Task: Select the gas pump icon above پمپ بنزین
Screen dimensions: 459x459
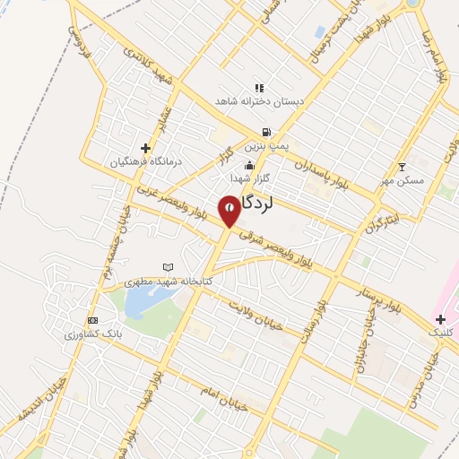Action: pyautogui.click(x=266, y=132)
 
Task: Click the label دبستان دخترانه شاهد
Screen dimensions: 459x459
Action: pyautogui.click(x=259, y=102)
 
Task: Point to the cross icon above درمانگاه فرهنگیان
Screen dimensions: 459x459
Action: pyautogui.click(x=146, y=148)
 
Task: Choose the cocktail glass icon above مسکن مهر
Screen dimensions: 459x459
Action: pyautogui.click(x=402, y=167)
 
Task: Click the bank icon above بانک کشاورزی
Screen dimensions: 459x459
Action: pyautogui.click(x=91, y=320)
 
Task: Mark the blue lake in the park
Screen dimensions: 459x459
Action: pyautogui.click(x=140, y=304)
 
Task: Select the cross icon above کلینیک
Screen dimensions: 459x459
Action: pyautogui.click(x=440, y=319)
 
